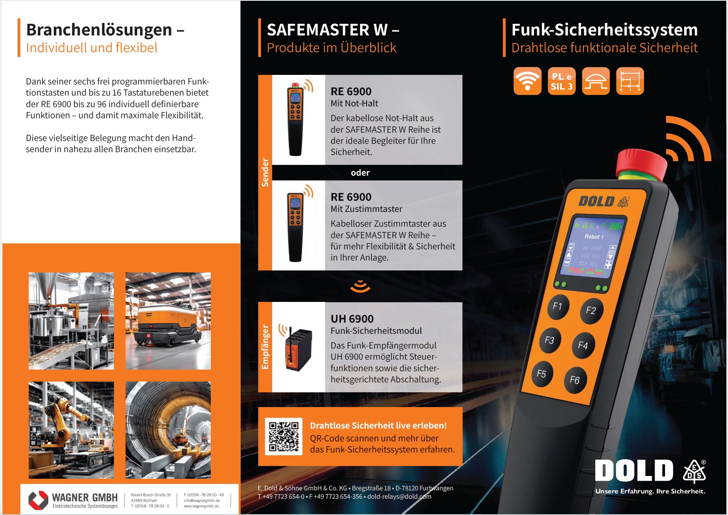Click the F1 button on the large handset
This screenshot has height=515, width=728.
[x=558, y=307]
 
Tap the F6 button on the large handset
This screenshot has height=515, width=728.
[x=575, y=380]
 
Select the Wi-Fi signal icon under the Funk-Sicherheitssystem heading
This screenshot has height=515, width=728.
[x=528, y=81]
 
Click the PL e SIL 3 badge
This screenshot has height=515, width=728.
[x=562, y=81]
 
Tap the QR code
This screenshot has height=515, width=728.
[x=284, y=437]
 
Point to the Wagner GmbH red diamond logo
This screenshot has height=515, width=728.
[x=38, y=500]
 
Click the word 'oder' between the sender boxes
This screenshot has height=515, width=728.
[x=360, y=172]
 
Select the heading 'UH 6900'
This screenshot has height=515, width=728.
[x=352, y=319]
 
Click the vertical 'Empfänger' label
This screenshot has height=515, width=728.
[x=265, y=347]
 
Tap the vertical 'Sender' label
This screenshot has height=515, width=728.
[x=265, y=172]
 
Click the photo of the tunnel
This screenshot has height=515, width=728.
[x=168, y=430]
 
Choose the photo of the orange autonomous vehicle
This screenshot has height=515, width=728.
[x=168, y=321]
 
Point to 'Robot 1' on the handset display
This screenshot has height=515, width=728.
[x=594, y=237]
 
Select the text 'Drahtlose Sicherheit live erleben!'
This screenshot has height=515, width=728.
[x=379, y=425]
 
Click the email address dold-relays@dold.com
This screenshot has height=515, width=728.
[x=399, y=497]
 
